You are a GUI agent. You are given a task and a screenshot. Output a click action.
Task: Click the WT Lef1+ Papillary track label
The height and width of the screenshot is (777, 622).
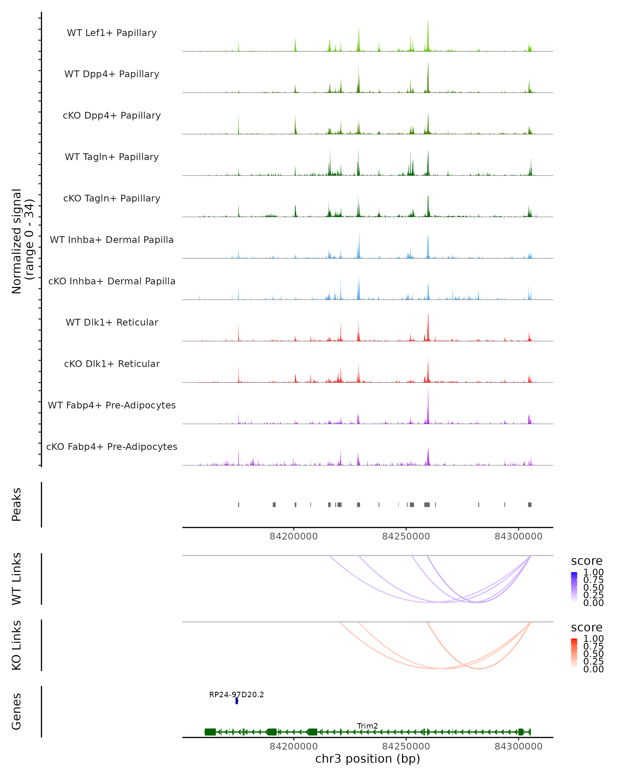tap(112, 33)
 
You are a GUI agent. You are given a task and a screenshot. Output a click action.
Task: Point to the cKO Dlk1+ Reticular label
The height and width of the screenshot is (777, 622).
tap(112, 364)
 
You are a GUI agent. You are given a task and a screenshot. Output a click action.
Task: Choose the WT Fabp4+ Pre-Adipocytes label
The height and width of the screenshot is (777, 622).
tap(112, 405)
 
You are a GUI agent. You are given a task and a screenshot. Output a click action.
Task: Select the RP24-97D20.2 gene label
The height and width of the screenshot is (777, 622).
tap(237, 694)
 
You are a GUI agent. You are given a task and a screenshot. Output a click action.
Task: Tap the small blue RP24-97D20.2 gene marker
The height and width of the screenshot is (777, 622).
tap(237, 701)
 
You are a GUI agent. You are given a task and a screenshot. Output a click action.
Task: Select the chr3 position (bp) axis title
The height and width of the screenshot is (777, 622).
tap(367, 759)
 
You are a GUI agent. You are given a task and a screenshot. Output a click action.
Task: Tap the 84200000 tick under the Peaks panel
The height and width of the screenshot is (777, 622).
tap(294, 536)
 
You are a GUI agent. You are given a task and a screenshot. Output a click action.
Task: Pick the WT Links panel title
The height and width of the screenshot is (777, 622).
tap(17, 579)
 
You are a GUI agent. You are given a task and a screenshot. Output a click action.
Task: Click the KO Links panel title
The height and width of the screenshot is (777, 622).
tap(17, 645)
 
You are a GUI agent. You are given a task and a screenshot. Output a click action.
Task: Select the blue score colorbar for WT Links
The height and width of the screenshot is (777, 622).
tap(574, 587)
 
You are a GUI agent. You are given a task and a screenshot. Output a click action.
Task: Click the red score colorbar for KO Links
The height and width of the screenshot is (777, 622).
tap(574, 653)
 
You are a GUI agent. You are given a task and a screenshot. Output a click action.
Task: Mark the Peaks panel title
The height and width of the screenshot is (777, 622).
tap(17, 505)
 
